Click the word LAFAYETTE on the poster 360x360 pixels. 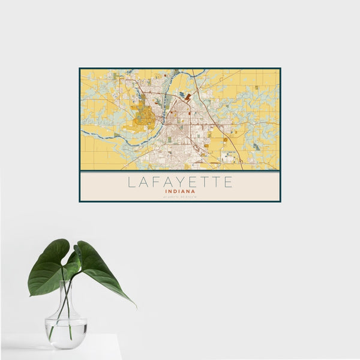(180, 182)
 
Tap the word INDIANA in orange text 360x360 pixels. (180, 192)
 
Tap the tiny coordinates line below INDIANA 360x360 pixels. (180, 197)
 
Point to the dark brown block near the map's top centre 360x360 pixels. (188, 96)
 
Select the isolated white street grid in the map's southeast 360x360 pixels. (228, 157)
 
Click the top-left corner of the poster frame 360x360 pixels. (80, 68)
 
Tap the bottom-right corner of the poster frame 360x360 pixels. (280, 202)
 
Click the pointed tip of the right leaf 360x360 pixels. (135, 307)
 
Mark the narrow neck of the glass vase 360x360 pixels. (65, 300)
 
